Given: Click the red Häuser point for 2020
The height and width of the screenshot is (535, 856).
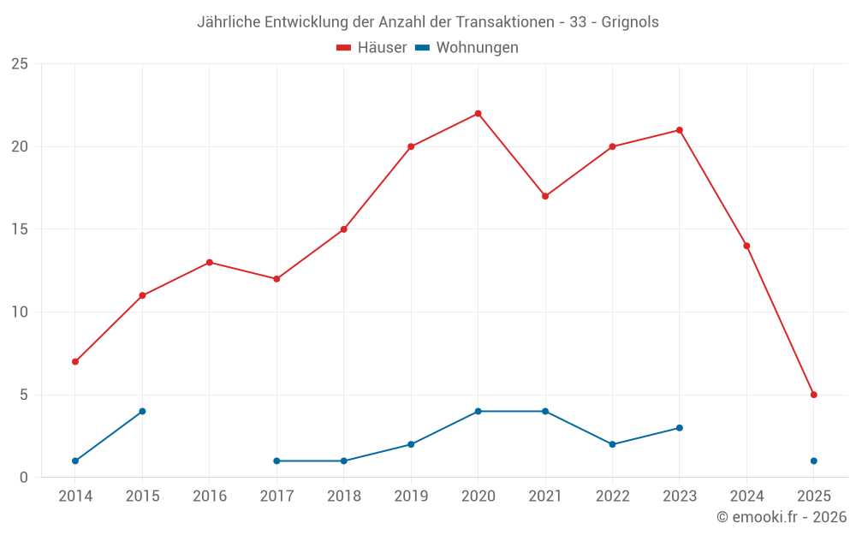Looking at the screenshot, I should (x=478, y=114).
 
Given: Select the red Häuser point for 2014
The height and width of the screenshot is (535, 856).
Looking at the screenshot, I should (x=75, y=361).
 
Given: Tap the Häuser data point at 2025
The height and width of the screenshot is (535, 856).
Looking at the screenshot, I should (x=813, y=395).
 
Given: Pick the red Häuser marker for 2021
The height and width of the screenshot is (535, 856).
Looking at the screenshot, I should (x=545, y=196).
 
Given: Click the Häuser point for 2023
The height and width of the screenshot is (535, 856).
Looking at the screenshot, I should (x=679, y=130).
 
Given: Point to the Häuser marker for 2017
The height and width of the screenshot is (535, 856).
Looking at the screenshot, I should (x=276, y=279).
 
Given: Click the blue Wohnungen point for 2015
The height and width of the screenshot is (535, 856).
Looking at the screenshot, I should (x=142, y=411).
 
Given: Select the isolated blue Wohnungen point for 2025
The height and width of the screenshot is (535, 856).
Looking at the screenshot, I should (x=813, y=461).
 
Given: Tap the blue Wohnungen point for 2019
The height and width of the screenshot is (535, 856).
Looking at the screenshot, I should (x=411, y=444).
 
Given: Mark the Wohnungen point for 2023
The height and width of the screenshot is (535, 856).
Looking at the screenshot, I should (x=679, y=428).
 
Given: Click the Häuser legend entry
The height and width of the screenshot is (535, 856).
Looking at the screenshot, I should (x=372, y=48).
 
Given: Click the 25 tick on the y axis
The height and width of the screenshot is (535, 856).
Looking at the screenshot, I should (x=20, y=64).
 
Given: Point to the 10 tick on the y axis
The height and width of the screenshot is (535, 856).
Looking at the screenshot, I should (x=20, y=312).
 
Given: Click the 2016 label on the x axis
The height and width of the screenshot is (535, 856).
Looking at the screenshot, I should (x=210, y=496).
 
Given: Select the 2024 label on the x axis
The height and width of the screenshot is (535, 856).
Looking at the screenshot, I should (x=746, y=496).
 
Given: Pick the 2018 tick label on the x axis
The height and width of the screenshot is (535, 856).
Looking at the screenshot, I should (x=343, y=496).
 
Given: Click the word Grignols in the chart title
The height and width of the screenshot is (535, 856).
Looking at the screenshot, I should (x=631, y=22).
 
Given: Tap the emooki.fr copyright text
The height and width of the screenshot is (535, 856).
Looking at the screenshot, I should (x=782, y=517).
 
